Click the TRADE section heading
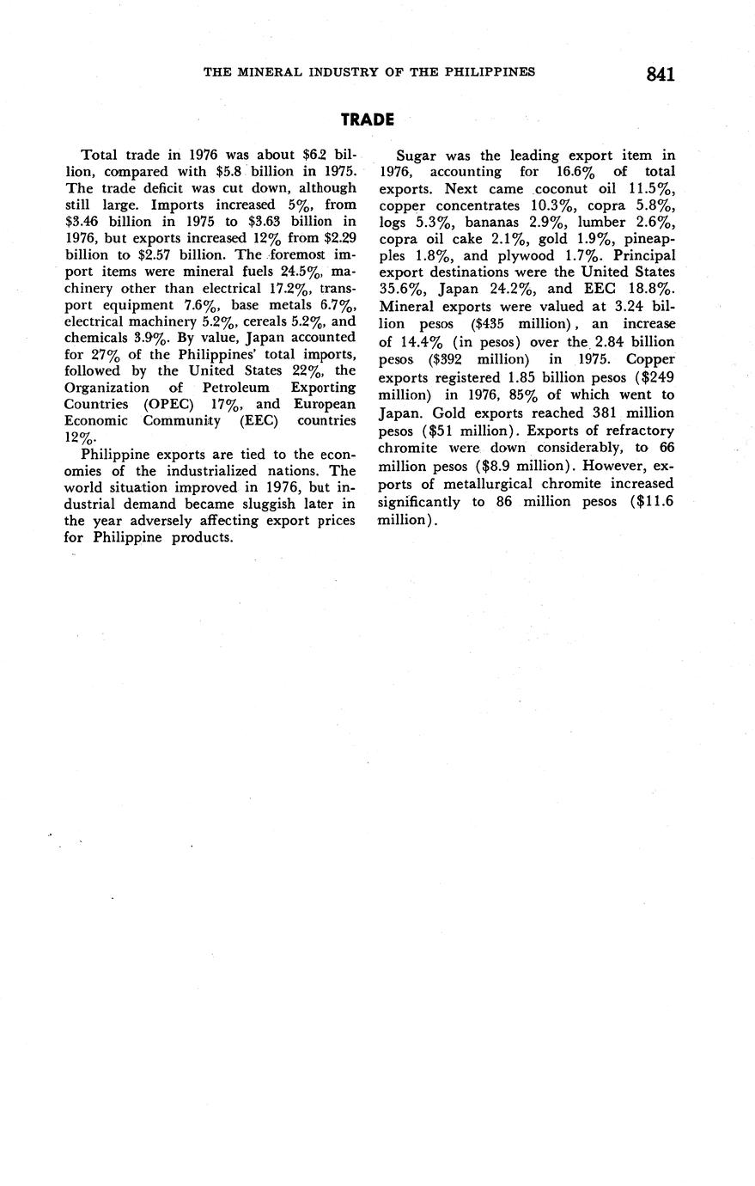[367, 119]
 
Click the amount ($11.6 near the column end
[652, 502]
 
